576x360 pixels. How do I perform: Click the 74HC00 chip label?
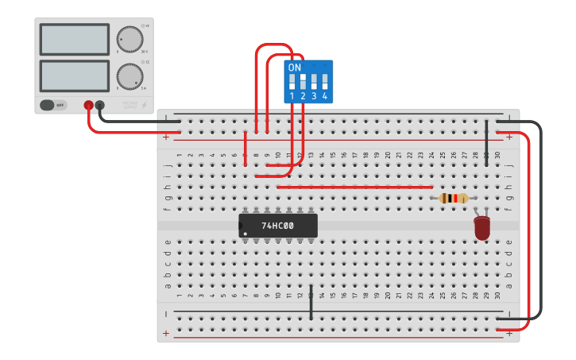click(x=277, y=226)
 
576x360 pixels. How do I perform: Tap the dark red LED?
click(x=482, y=228)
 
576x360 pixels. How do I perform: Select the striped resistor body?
click(x=454, y=199)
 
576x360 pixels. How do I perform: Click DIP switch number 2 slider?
click(x=303, y=81)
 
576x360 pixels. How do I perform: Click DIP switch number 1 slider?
click(x=292, y=81)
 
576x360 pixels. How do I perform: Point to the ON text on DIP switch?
click(x=295, y=68)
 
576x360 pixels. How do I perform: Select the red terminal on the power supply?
click(x=88, y=105)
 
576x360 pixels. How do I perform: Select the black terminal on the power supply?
click(x=100, y=105)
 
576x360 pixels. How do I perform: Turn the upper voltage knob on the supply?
click(x=130, y=39)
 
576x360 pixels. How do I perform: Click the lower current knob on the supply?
click(x=130, y=76)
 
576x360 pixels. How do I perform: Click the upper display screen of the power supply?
click(x=74, y=39)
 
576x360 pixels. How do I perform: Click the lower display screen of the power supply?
click(x=74, y=75)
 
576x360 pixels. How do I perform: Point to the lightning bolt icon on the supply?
click(x=144, y=105)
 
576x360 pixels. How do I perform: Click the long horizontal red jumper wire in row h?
click(x=354, y=187)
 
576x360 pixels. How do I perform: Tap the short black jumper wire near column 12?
click(x=311, y=302)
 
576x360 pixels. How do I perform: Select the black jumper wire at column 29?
click(x=487, y=143)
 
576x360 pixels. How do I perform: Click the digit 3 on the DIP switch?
click(x=314, y=96)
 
